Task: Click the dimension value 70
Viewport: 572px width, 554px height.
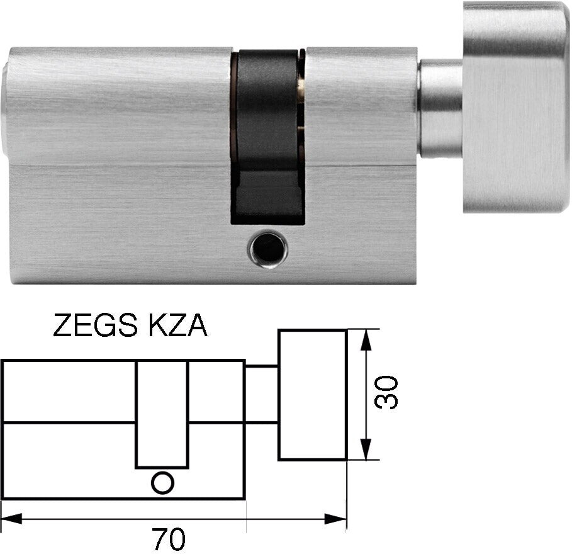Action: point(169,540)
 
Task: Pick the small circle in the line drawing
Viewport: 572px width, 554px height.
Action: point(162,483)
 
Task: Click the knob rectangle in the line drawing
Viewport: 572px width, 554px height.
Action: point(312,395)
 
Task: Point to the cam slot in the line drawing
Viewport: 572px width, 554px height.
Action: point(162,415)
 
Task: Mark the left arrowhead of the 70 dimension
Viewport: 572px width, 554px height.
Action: point(11,519)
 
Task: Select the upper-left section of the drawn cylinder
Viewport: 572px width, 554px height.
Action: point(69,390)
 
